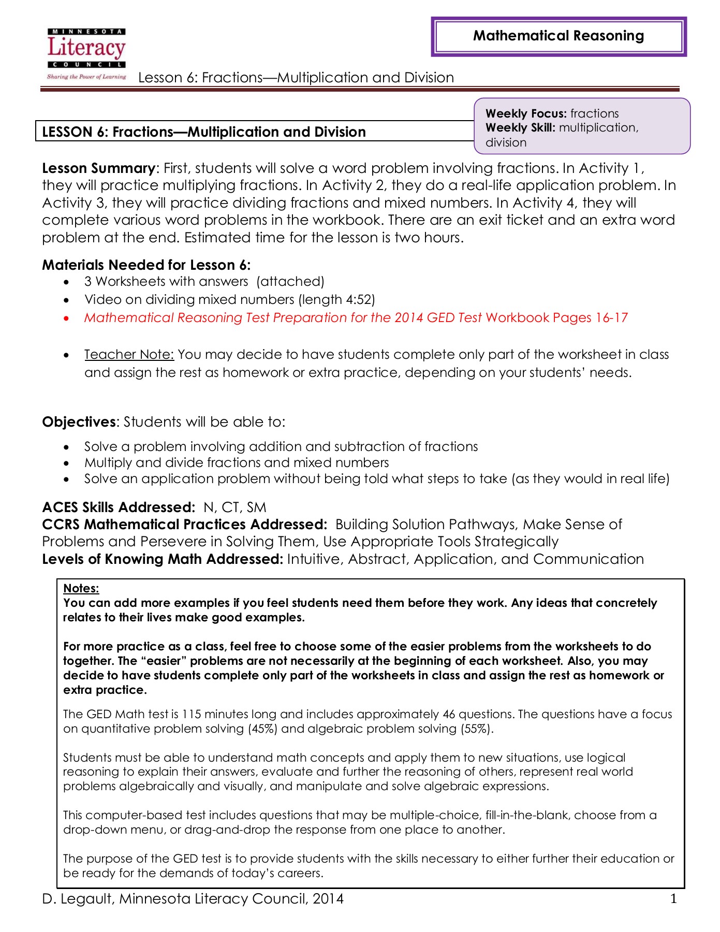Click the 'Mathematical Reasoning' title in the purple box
click(559, 36)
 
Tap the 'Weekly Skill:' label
click(520, 127)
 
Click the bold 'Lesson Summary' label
click(98, 168)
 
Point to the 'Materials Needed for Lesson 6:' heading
click(146, 265)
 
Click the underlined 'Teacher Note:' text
click(129, 355)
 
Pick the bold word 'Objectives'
click(79, 422)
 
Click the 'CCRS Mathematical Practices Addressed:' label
click(185, 525)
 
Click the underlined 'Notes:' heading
click(81, 588)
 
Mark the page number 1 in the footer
click(673, 899)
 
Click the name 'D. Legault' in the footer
click(77, 899)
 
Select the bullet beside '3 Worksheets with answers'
click(66, 282)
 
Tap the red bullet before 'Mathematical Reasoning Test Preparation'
click(66, 318)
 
